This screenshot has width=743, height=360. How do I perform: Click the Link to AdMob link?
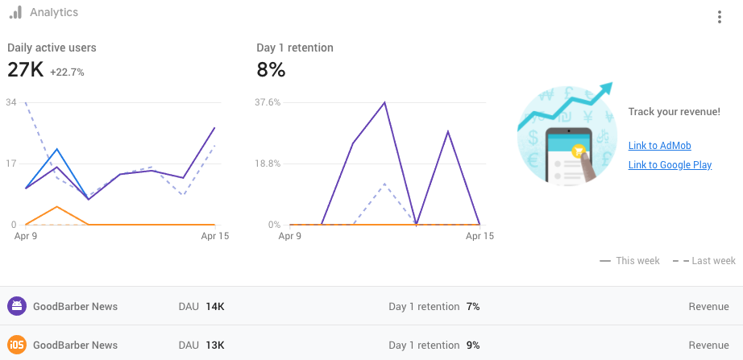[x=659, y=146]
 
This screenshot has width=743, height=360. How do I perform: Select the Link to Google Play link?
[x=670, y=165]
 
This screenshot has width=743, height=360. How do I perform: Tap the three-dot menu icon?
[x=719, y=18]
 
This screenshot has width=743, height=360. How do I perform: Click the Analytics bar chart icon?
[x=15, y=12]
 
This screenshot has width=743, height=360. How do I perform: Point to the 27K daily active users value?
[x=25, y=70]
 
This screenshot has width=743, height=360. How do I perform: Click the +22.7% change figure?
[x=67, y=72]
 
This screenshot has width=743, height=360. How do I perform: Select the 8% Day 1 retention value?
[x=271, y=70]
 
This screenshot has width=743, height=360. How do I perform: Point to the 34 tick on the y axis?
[x=10, y=102]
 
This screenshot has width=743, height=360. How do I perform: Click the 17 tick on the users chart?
[x=10, y=163]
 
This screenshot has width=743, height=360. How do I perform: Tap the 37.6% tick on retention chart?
[x=268, y=102]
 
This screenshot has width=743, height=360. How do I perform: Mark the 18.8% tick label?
[x=268, y=163]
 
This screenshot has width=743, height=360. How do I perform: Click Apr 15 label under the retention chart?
[x=480, y=237]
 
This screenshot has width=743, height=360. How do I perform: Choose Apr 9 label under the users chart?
[x=26, y=237]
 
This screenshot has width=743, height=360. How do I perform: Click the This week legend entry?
[x=630, y=261]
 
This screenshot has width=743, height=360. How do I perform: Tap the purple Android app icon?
[x=16, y=306]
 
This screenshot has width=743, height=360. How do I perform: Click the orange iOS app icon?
[x=16, y=345]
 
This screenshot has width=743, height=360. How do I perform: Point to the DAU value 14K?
[x=215, y=307]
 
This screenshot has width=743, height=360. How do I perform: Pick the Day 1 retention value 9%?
[x=473, y=346]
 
